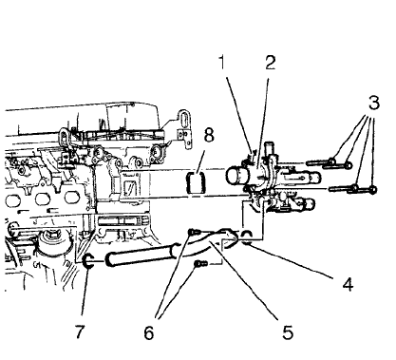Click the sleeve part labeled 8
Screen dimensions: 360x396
(x=198, y=181)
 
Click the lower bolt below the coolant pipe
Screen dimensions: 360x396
(x=198, y=267)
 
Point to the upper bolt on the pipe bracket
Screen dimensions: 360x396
(x=195, y=230)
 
